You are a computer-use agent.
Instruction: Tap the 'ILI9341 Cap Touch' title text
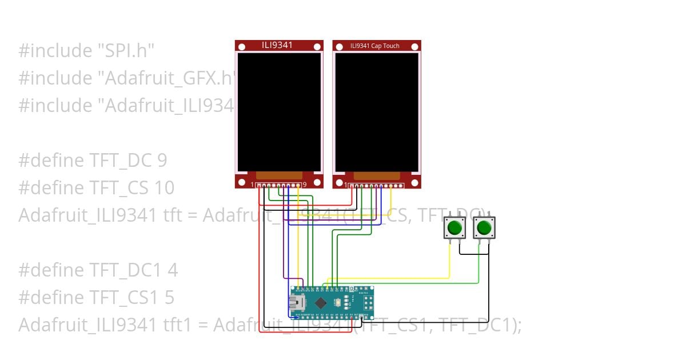pos(375,46)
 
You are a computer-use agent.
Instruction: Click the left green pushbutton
pos(455,227)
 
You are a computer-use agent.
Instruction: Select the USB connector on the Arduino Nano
pos(298,302)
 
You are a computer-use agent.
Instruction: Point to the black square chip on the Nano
pos(321,302)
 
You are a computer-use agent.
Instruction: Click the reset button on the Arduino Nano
pos(339,302)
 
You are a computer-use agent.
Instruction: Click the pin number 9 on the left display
pos(305,185)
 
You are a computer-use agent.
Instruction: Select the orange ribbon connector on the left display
pos(279,175)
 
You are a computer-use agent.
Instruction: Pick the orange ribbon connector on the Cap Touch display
pos(377,175)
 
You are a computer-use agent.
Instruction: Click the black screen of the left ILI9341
pos(279,111)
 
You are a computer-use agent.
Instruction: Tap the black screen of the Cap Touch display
pos(377,111)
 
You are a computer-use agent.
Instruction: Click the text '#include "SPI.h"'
pos(86,51)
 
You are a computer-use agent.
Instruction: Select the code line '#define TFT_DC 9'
pos(93,161)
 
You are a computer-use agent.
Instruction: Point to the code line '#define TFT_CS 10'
pos(97,188)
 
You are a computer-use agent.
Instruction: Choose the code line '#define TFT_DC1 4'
pos(98,270)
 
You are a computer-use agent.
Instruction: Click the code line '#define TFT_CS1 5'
pos(97,297)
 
